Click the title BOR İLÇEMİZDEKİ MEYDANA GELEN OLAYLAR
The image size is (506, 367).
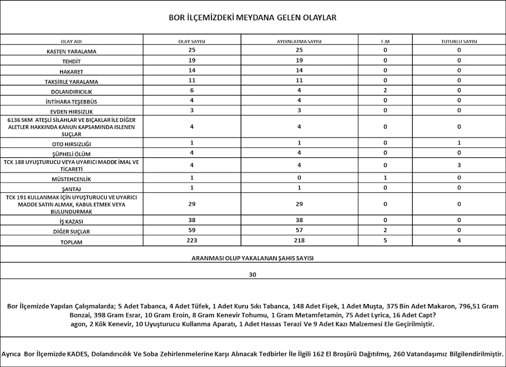pos(252,18)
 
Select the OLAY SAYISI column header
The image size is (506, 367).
pos(192,42)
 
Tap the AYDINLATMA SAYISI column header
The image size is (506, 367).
pos(299,42)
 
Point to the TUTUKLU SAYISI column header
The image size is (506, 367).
pos(459,42)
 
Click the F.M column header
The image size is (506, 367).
pos(385,42)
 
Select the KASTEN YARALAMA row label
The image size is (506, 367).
pos(71,51)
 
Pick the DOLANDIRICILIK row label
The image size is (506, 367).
pos(71,91)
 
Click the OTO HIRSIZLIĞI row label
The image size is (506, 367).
pos(71,144)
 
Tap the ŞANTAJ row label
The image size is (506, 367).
pos(71,188)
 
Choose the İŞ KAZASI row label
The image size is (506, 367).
pos(71,221)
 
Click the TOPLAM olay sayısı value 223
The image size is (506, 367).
pos(192,241)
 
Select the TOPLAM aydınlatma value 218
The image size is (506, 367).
pos(299,241)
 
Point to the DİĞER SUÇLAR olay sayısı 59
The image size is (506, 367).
pos(192,230)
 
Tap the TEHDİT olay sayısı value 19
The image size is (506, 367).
pos(192,60)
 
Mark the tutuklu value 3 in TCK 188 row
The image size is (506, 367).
pos(459,165)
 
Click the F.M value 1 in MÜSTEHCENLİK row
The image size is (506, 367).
pos(385,178)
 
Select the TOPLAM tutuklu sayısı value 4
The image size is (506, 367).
pos(459,241)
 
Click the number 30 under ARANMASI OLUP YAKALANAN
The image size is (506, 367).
pos(252,275)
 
